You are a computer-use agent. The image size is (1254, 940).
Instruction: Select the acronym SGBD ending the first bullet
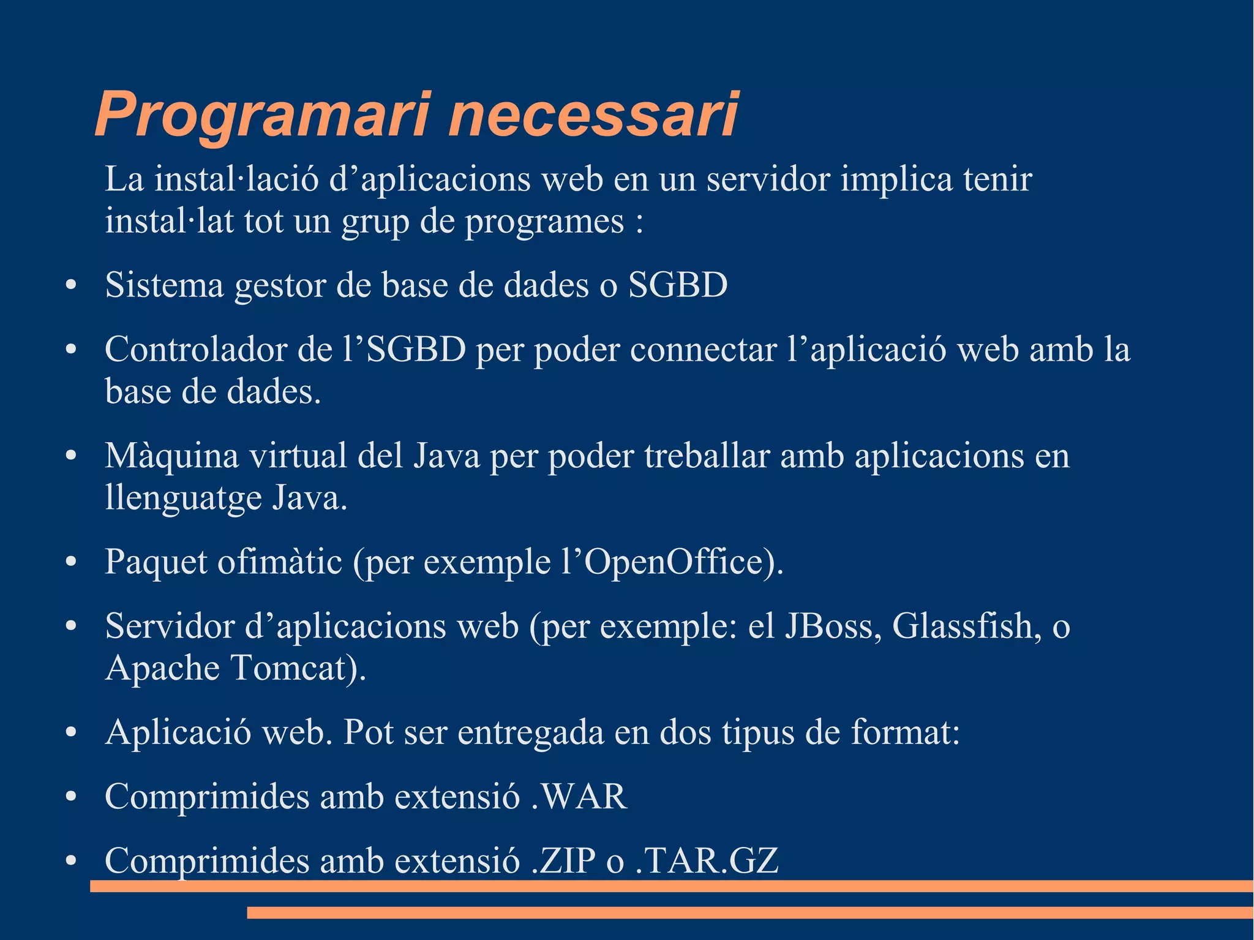pos(678,285)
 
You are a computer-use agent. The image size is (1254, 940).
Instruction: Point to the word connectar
pos(703,350)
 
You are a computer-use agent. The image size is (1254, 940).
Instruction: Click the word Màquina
pos(171,456)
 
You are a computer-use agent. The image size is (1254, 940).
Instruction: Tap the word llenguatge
pos(183,498)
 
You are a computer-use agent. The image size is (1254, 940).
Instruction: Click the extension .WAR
pos(579,796)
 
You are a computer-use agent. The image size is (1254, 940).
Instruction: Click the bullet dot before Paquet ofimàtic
pos(71,562)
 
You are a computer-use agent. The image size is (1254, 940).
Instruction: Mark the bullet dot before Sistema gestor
pos(71,285)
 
